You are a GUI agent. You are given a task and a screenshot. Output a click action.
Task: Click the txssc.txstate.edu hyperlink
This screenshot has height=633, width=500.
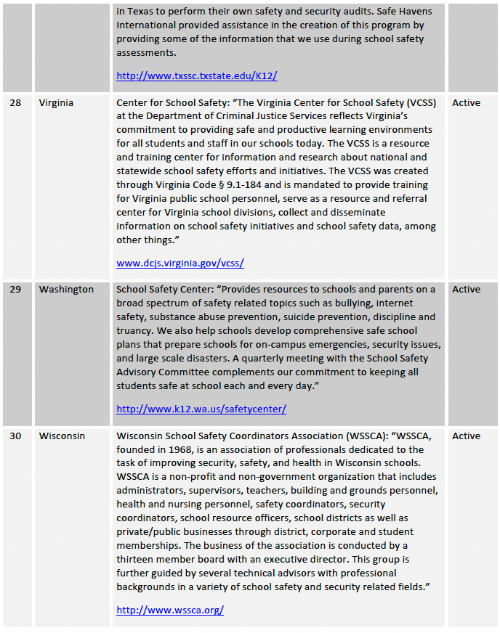click(196, 75)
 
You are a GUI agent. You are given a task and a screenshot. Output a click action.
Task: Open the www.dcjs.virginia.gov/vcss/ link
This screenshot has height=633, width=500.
click(180, 264)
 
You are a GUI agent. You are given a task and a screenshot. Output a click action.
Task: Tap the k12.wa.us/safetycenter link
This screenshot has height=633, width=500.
click(201, 409)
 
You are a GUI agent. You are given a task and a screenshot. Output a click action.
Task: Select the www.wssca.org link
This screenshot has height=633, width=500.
click(169, 610)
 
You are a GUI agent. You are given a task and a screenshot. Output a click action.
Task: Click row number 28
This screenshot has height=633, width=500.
click(15, 103)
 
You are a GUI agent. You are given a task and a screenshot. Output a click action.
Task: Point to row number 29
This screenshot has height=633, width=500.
click(15, 290)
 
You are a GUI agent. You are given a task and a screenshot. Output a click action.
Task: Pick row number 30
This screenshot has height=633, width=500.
click(15, 436)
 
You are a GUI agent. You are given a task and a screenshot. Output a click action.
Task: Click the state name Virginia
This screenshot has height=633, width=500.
click(56, 103)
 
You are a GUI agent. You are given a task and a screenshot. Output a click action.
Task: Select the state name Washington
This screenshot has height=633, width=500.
click(66, 290)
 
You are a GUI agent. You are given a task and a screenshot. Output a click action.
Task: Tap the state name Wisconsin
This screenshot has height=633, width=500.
click(62, 436)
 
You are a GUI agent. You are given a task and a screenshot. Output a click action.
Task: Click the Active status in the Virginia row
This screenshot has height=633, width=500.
click(466, 103)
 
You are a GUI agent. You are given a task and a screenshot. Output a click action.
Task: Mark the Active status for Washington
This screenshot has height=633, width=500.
click(466, 290)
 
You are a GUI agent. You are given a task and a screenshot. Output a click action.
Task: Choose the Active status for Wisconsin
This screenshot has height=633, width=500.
click(466, 436)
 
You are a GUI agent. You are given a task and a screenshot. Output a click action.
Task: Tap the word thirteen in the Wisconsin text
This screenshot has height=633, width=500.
click(138, 560)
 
